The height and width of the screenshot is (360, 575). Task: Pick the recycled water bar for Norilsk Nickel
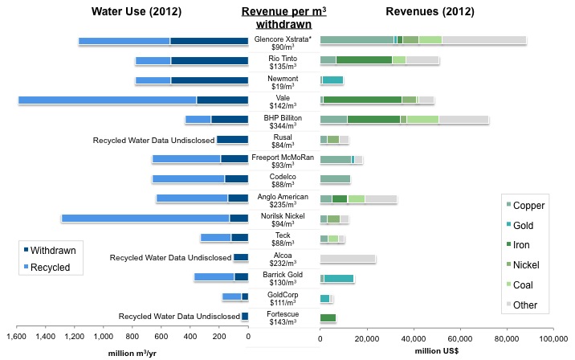[145, 218]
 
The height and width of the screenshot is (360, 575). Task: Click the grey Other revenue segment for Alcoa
[348, 258]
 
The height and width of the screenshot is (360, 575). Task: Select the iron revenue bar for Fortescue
[328, 317]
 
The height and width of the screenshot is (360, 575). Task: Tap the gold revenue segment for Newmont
[333, 80]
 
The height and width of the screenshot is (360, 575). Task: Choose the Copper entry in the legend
[528, 206]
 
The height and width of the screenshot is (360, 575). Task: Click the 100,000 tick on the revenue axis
[553, 337]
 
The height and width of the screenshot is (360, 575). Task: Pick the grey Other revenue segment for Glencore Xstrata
[484, 40]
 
